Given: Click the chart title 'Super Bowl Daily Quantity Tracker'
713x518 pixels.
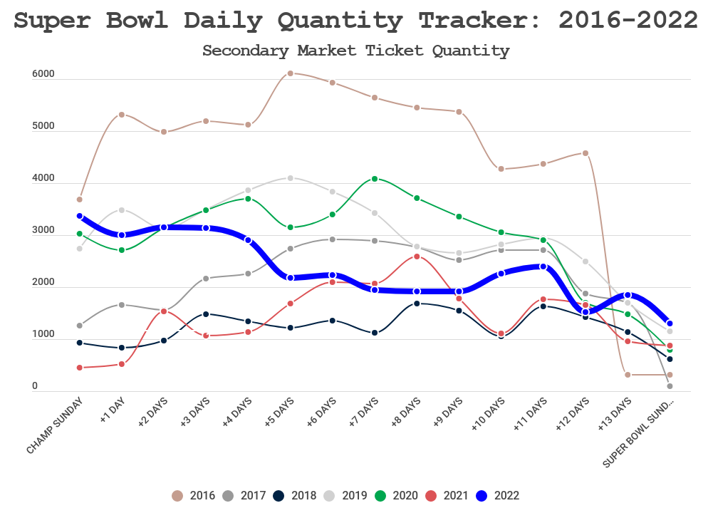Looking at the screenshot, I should pyautogui.click(x=356, y=21).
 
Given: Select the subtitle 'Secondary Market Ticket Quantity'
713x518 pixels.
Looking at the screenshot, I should pyautogui.click(x=356, y=51).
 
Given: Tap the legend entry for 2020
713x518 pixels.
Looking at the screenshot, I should pyautogui.click(x=396, y=496).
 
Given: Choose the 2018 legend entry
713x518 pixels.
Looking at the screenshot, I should pyautogui.click(x=296, y=496).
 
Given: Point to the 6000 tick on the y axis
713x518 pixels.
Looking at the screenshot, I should pyautogui.click(x=43, y=74).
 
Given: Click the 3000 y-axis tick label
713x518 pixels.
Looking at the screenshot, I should pyautogui.click(x=43, y=230).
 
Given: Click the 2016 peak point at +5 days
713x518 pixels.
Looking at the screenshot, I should pyautogui.click(x=290, y=73).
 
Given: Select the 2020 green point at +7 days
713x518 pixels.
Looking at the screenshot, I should pyautogui.click(x=375, y=179).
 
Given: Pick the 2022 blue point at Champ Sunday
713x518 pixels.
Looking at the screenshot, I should pyautogui.click(x=79, y=216).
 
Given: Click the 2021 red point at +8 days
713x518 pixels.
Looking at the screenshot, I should pyautogui.click(x=417, y=257).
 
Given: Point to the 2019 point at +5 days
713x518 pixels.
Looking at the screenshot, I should pyautogui.click(x=290, y=178).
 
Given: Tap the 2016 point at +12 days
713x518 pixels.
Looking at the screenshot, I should pyautogui.click(x=586, y=153).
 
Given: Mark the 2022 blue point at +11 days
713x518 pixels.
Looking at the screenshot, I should pyautogui.click(x=543, y=266).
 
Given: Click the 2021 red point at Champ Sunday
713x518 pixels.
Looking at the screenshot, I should pyautogui.click(x=79, y=368).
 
